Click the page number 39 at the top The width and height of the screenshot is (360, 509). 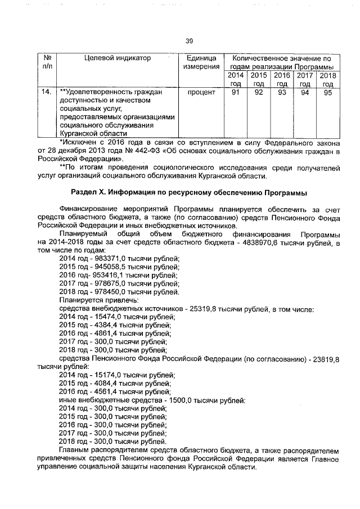tap(189, 40)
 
